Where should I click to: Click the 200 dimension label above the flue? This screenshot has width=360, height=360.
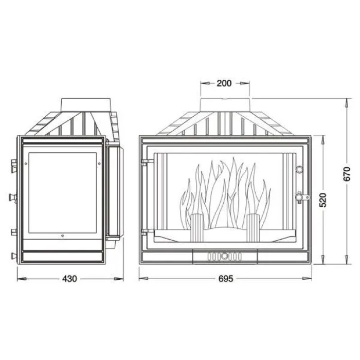click(x=224, y=83)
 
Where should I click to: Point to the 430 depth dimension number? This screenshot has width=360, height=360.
click(x=69, y=279)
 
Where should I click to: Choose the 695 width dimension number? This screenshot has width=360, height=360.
click(x=226, y=279)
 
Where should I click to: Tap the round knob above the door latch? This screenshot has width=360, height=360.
click(x=299, y=169)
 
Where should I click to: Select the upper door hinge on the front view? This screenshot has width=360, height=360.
click(x=146, y=163)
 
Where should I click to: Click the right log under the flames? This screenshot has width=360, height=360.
click(x=253, y=227)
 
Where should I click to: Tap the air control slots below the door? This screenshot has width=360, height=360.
click(x=225, y=255)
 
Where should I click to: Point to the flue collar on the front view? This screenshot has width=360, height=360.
click(x=225, y=103)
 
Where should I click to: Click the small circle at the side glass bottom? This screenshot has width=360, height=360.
click(x=61, y=237)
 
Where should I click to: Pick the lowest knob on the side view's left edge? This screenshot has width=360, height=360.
click(x=13, y=255)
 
